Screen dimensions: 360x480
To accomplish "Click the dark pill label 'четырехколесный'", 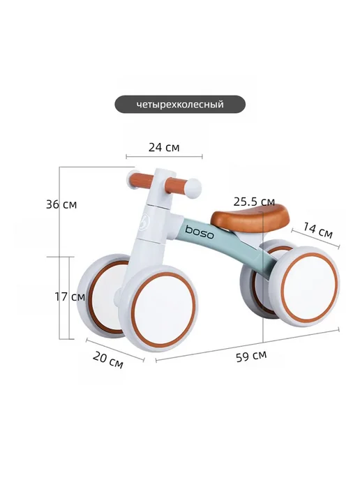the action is pyautogui.click(x=180, y=105).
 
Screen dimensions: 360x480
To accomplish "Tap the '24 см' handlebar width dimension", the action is pyautogui.click(x=164, y=147).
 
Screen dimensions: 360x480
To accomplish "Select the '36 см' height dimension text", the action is pyautogui.click(x=61, y=204).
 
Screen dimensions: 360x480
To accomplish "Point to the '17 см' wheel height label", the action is pyautogui.click(x=70, y=297).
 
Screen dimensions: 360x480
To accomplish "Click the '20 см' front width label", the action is pyautogui.click(x=107, y=360).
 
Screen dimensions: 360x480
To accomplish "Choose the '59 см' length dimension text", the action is pyautogui.click(x=251, y=356).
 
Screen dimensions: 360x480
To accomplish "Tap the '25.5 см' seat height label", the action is pyautogui.click(x=254, y=202).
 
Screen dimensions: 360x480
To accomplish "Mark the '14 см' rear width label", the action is pyautogui.click(x=317, y=230).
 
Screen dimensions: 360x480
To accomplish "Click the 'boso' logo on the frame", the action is pyautogui.click(x=200, y=232).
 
